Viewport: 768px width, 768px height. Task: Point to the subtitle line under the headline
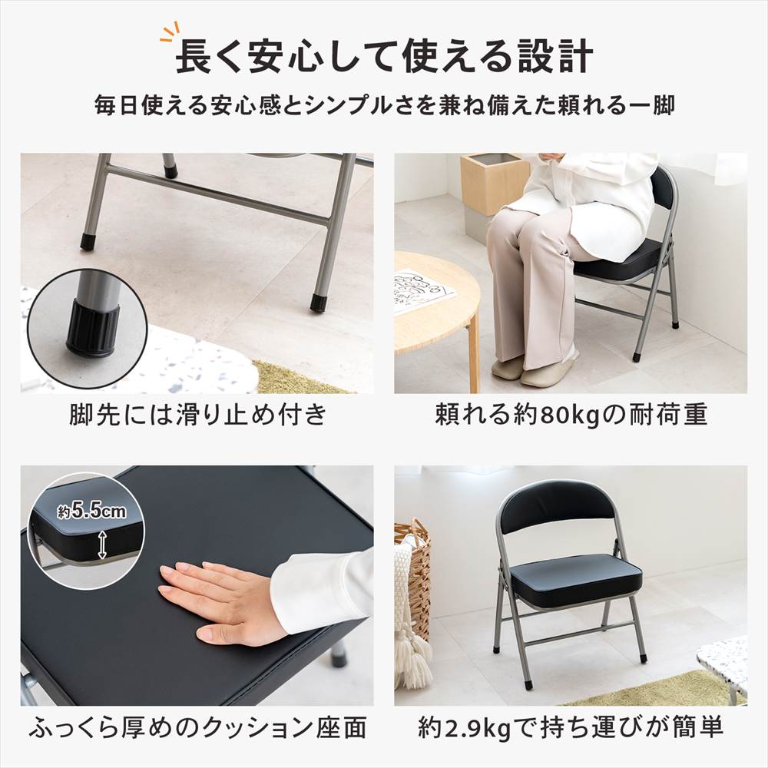(x=385, y=105)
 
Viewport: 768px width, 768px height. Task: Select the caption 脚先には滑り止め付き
(x=198, y=415)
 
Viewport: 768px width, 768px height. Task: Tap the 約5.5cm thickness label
(x=91, y=511)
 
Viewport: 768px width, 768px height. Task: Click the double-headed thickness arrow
(x=102, y=545)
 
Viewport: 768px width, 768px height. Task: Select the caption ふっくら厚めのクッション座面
(x=197, y=727)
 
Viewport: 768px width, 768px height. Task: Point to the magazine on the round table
(x=422, y=291)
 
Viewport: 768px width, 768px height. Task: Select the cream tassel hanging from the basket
(x=413, y=657)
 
